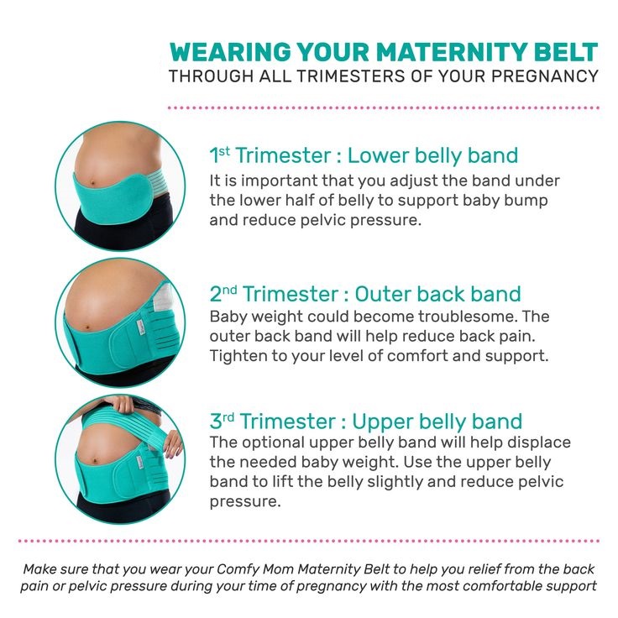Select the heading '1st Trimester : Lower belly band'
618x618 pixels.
(364, 155)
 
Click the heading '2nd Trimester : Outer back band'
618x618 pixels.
(365, 295)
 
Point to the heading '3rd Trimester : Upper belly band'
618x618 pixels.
(366, 421)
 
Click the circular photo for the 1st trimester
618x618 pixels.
(108, 186)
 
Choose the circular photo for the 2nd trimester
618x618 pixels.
(108, 323)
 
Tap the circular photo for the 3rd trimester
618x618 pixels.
(108, 460)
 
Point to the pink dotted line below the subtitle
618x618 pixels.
(384, 108)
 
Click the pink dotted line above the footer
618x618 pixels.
(309, 542)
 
